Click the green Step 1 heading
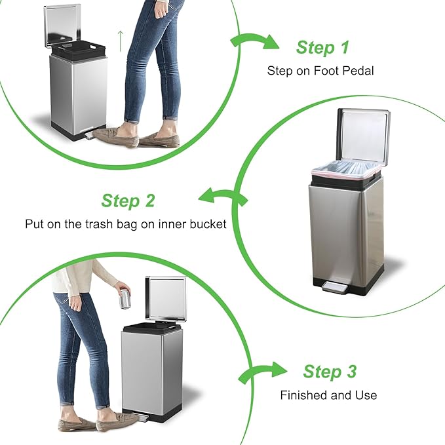point(322,48)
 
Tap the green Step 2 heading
point(128,201)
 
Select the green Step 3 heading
point(330,372)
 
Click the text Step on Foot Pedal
point(320,71)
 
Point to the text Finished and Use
point(328,395)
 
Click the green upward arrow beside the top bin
point(121,41)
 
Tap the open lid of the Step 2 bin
point(362,134)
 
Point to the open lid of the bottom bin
point(165,298)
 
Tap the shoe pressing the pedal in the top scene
point(115,136)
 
